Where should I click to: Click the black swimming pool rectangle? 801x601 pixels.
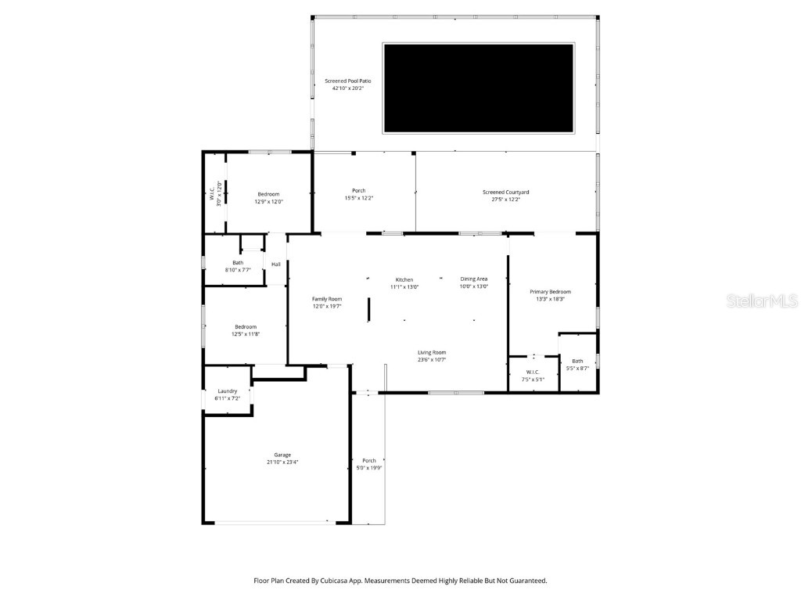[478, 88]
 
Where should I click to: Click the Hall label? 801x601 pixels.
[276, 265]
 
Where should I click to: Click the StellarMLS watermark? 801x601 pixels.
[762, 300]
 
